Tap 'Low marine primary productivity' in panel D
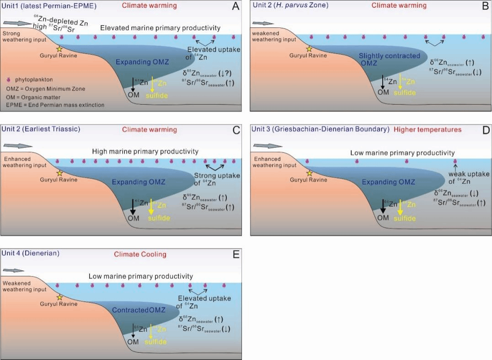click(x=402, y=153)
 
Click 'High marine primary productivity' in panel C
click(x=145, y=151)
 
